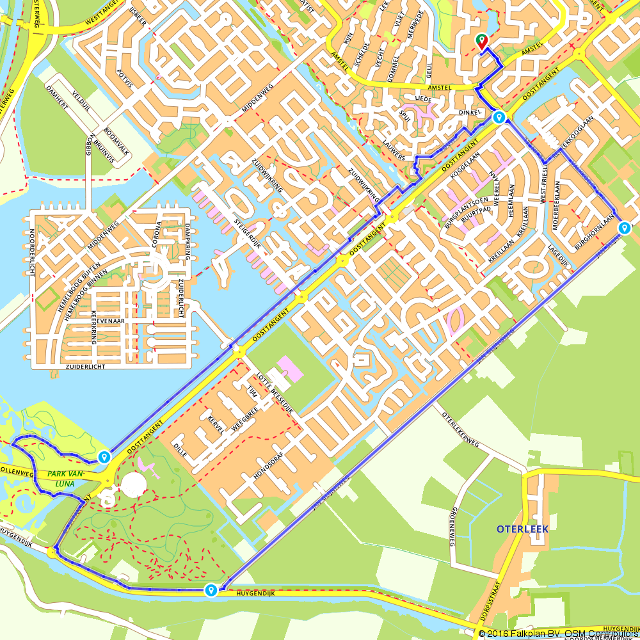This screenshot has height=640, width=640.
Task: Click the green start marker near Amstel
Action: [481, 42]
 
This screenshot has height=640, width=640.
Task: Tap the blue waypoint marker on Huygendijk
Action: [211, 590]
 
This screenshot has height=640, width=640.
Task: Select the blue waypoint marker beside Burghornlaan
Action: [624, 228]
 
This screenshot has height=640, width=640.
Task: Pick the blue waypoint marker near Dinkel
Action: [499, 117]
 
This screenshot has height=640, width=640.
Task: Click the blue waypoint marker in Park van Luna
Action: [103, 457]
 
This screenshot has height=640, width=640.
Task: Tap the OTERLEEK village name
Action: [522, 529]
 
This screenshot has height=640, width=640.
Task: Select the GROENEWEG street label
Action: [453, 527]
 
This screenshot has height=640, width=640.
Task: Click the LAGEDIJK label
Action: [557, 255]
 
